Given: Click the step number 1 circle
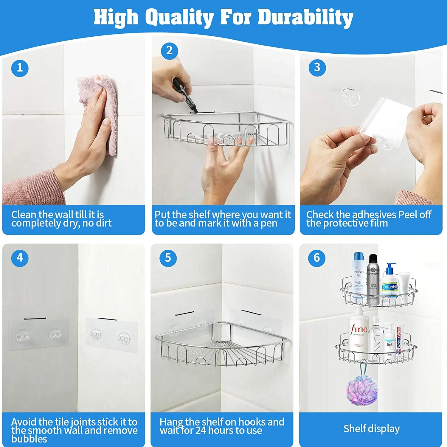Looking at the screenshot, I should pyautogui.click(x=20, y=68).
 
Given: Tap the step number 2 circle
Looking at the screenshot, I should pyautogui.click(x=169, y=51).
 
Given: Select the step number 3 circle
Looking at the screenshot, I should pyautogui.click(x=317, y=68).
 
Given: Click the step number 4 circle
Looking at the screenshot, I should pyautogui.click(x=20, y=258).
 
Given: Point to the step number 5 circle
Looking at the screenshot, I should pyautogui.click(x=168, y=258).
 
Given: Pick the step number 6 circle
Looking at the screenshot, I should pyautogui.click(x=316, y=258).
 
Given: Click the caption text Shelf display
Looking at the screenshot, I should pyautogui.click(x=371, y=429).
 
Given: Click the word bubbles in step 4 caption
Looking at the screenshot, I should pyautogui.click(x=29, y=439).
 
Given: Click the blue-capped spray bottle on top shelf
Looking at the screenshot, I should pyautogui.click(x=358, y=276).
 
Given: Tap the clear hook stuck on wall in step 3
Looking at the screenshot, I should pyautogui.click(x=350, y=96).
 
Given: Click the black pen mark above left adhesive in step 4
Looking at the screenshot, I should pyautogui.click(x=35, y=319).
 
